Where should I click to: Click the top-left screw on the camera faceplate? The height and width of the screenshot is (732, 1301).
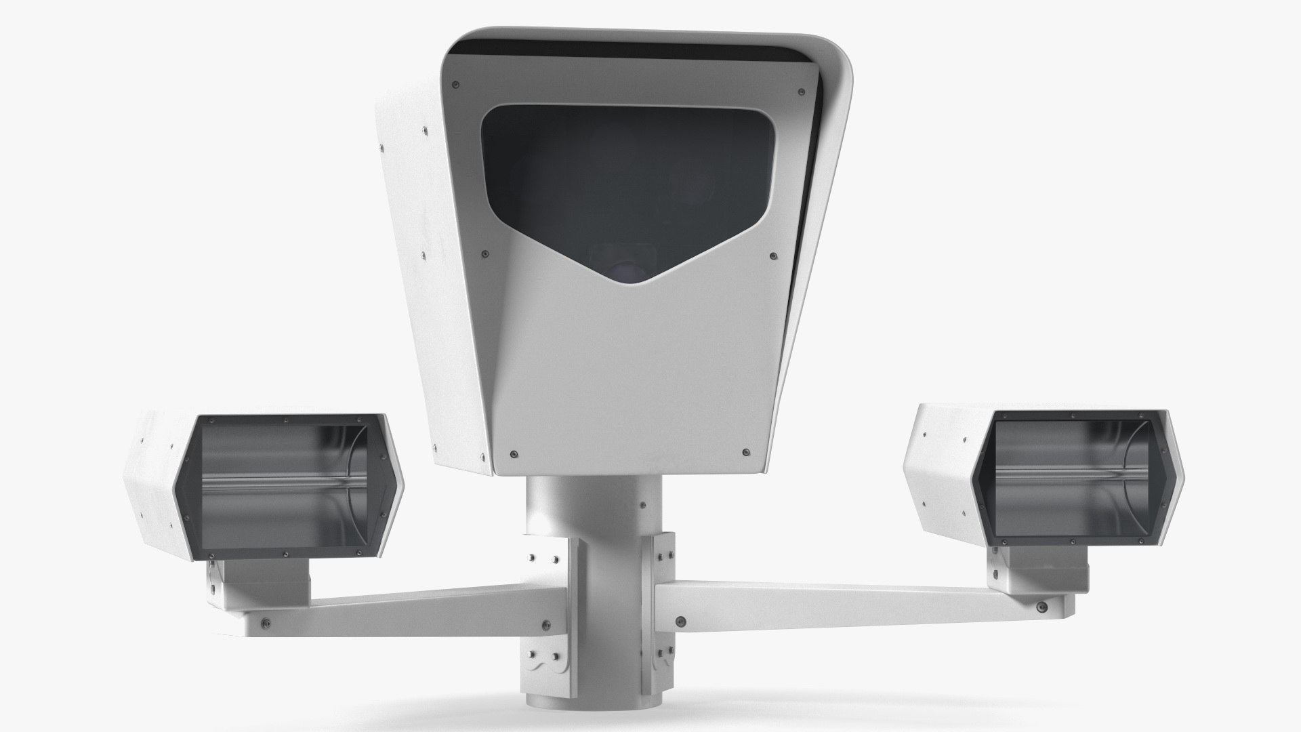(455, 84)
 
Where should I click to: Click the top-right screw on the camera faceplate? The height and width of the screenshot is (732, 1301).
(802, 89)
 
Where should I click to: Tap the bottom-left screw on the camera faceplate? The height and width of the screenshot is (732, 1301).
(512, 452)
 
